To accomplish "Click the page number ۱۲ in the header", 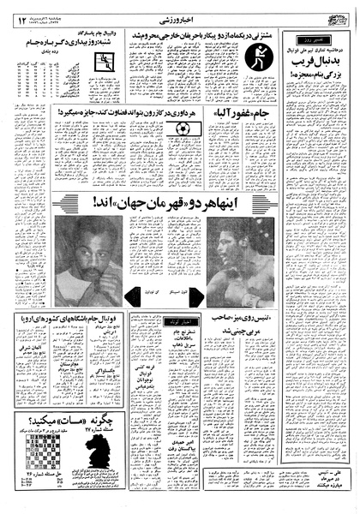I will coord(21,11).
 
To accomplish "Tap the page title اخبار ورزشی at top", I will coord(182,11).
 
